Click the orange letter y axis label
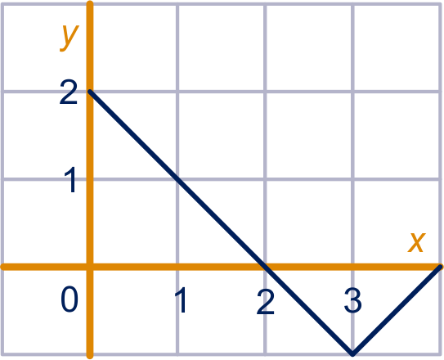(x=69, y=38)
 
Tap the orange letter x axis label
(x=416, y=242)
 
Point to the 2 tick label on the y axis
(x=68, y=92)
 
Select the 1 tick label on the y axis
(x=70, y=179)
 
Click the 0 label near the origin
(x=70, y=299)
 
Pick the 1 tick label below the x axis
(x=182, y=299)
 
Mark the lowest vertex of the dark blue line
(x=352, y=353)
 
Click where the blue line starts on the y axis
(x=90, y=92)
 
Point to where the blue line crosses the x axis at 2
(x=265, y=267)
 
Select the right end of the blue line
(x=440, y=266)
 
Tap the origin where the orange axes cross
(x=90, y=267)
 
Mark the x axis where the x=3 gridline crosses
(x=352, y=267)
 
